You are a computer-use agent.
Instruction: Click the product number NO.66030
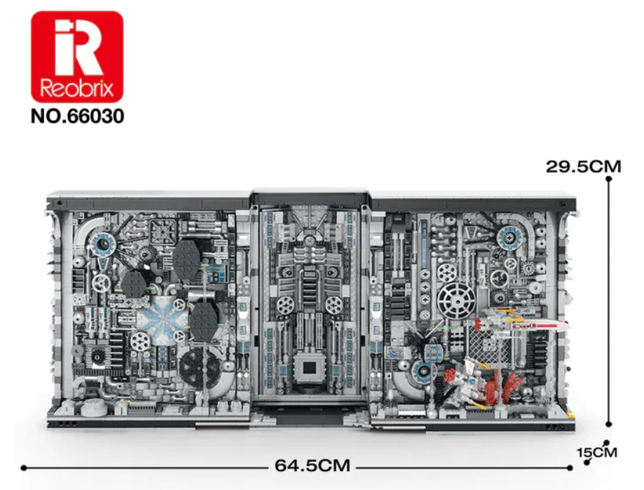point(77,116)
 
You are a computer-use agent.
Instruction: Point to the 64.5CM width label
point(313,465)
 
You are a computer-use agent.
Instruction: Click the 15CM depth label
point(597,452)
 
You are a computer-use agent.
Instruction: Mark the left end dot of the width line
point(23,468)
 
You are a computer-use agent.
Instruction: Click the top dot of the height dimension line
point(608,179)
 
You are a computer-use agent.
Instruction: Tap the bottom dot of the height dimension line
point(608,424)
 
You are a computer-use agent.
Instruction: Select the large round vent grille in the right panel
point(456,302)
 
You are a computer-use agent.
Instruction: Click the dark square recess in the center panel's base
point(310,369)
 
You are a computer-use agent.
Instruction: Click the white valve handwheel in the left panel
point(101,283)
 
